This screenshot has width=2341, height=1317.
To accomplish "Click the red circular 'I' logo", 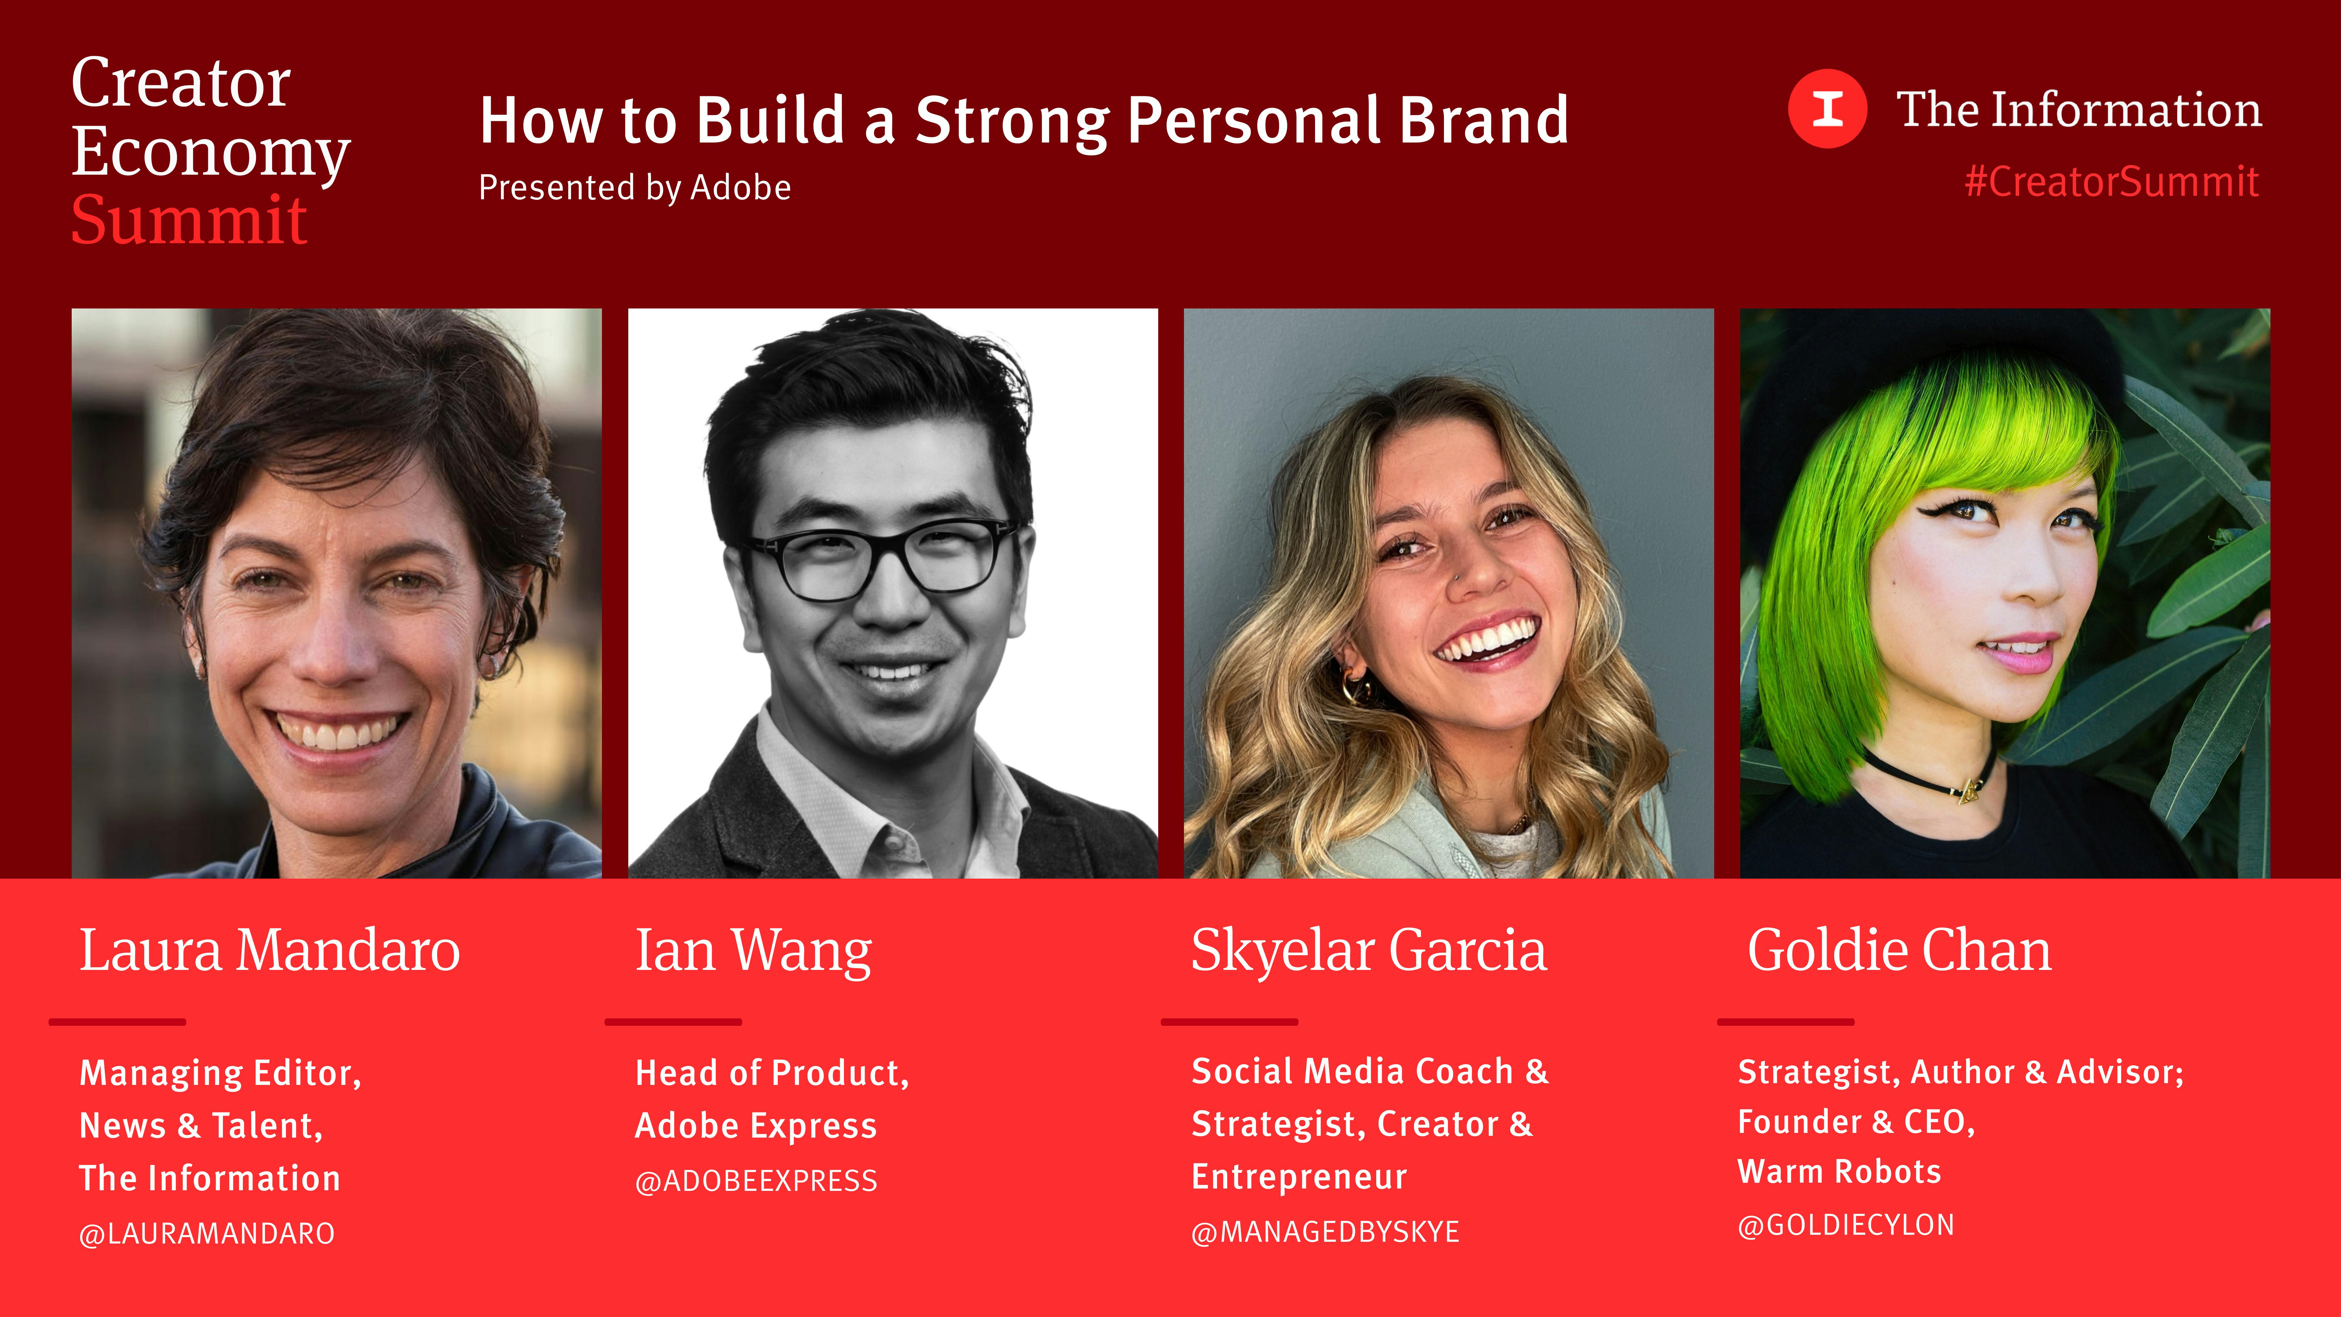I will (1827, 108).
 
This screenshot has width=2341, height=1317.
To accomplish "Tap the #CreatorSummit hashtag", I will (2111, 182).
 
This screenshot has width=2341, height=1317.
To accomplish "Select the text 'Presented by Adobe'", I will (634, 187).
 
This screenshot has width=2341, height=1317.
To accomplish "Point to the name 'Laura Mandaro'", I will (270, 951).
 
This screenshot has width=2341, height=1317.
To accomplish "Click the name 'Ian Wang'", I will (754, 951).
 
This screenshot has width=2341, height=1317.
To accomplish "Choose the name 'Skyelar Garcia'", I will (1369, 951).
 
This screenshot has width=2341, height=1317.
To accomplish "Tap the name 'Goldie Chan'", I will (1899, 951).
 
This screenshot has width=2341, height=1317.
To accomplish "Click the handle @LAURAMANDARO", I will (207, 1233).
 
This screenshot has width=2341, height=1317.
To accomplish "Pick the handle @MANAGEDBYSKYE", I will (1325, 1232).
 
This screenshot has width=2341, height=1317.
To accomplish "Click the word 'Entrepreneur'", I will (1299, 1177).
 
